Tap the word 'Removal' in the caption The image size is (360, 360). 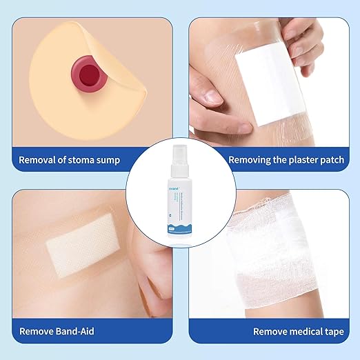(x=39, y=160)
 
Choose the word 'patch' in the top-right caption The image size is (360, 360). (x=324, y=160)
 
